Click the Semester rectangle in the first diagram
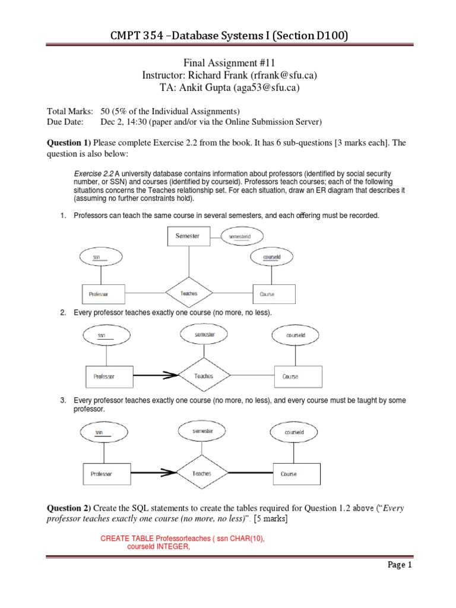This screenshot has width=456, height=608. [x=188, y=236]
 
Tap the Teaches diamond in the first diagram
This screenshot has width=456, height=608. [x=188, y=293]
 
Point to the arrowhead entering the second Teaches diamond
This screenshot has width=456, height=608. [x=172, y=375]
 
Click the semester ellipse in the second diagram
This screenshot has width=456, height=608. [x=204, y=335]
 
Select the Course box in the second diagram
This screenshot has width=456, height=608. [x=298, y=376]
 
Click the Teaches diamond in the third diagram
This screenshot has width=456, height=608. [x=202, y=474]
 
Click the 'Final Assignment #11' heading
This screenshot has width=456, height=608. [x=228, y=63]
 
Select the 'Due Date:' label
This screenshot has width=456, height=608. [x=65, y=122]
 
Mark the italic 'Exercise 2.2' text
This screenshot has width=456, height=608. [x=91, y=173]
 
